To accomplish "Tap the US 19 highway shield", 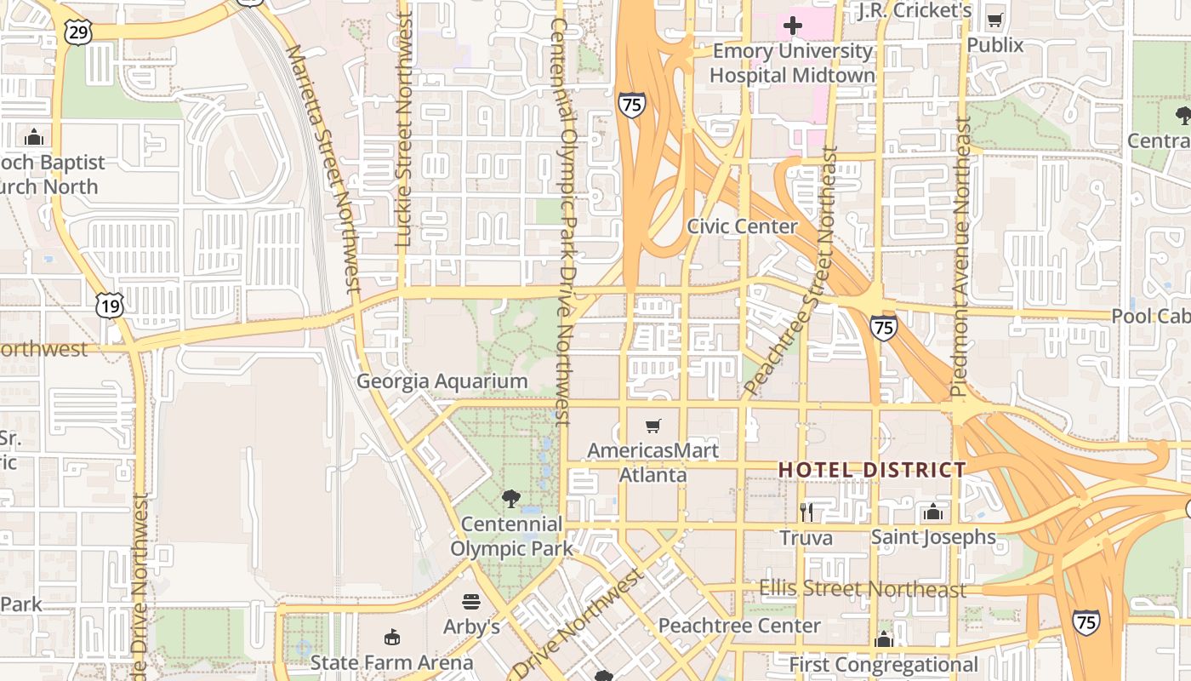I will coord(110,306).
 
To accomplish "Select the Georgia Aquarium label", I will coord(442,381).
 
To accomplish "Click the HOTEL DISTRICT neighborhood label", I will coord(872,470).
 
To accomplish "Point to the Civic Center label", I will coord(742,226).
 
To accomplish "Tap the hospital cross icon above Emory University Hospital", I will coord(792,26).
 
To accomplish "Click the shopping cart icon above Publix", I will coord(994,20).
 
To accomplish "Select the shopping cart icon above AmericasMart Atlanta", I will coord(652,426).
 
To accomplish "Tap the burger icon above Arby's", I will coord(471,602).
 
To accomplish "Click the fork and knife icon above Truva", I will coord(806,512).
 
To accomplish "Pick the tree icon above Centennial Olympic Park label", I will coord(510,498).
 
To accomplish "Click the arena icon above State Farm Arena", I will coord(391,637).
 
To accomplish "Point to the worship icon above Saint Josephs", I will coord(933,512).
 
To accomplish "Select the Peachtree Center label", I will coord(739,626).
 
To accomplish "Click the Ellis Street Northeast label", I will coord(863,589).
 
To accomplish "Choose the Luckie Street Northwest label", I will coord(404,128).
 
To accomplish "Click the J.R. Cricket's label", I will coord(915,10).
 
